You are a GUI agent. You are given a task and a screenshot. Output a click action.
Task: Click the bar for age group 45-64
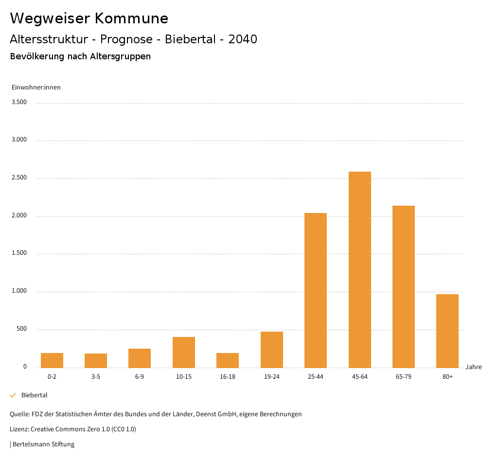coord(359,269)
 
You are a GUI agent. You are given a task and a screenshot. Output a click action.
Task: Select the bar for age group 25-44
coord(316,290)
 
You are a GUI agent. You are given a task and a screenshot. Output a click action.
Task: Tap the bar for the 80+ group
coord(447,331)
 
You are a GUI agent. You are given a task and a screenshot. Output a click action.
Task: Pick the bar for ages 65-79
coord(404,286)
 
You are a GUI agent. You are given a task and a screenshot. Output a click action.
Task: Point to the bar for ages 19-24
coord(272,350)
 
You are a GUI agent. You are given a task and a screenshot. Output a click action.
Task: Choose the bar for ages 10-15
coord(184,352)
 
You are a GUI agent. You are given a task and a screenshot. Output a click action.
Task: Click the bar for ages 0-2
coord(52,360)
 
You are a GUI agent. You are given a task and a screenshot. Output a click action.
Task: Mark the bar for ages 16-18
coord(228,360)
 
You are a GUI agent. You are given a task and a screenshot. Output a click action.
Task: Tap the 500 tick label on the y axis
coord(21,329)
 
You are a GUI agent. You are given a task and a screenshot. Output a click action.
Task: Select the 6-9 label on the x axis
coord(140,377)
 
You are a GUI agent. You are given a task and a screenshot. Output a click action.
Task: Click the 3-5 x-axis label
coord(96,377)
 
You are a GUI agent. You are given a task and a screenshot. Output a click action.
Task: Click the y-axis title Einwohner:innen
coord(36,88)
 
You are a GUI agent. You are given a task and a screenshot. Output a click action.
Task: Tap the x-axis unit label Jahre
coord(473,367)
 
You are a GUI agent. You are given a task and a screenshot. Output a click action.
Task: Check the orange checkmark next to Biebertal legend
coord(13,395)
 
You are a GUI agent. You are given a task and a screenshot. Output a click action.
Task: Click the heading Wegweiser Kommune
coord(89,18)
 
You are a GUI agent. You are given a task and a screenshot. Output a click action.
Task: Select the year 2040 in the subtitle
coord(243,39)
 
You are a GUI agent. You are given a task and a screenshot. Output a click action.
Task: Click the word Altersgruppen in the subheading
coord(120,56)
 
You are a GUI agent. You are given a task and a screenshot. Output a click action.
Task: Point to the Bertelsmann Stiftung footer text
coord(43,444)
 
